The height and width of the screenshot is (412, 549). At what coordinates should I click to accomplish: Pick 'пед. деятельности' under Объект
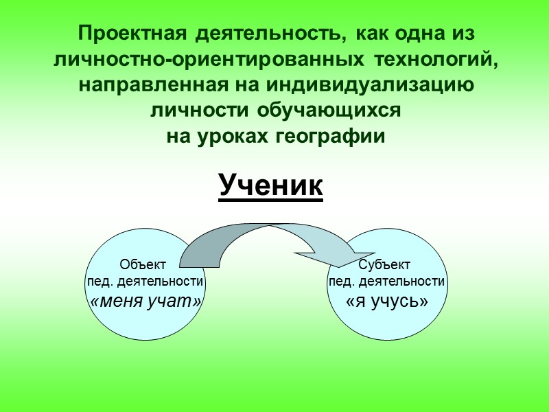pos(144,282)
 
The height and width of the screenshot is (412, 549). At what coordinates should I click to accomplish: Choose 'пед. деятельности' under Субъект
pos(388,282)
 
